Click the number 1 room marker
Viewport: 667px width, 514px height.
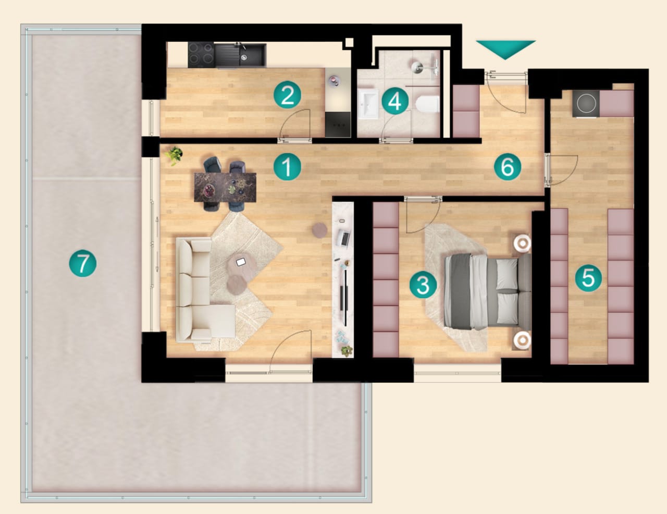(x=287, y=167)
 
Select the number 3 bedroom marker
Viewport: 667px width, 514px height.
(x=423, y=285)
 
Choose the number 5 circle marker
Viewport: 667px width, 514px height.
(x=588, y=277)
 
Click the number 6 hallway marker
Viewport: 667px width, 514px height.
(x=508, y=167)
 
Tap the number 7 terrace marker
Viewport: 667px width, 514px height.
(x=82, y=263)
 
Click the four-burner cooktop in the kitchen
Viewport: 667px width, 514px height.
(x=201, y=55)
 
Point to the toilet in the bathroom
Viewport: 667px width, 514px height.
(x=428, y=104)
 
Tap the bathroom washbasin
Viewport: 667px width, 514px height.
(x=368, y=104)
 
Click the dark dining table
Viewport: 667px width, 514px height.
(x=225, y=187)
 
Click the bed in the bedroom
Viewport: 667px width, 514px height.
(x=487, y=291)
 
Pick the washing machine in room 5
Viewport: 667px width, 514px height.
(x=586, y=103)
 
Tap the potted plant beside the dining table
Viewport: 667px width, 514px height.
(x=175, y=155)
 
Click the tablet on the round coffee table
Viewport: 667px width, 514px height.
(x=241, y=262)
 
